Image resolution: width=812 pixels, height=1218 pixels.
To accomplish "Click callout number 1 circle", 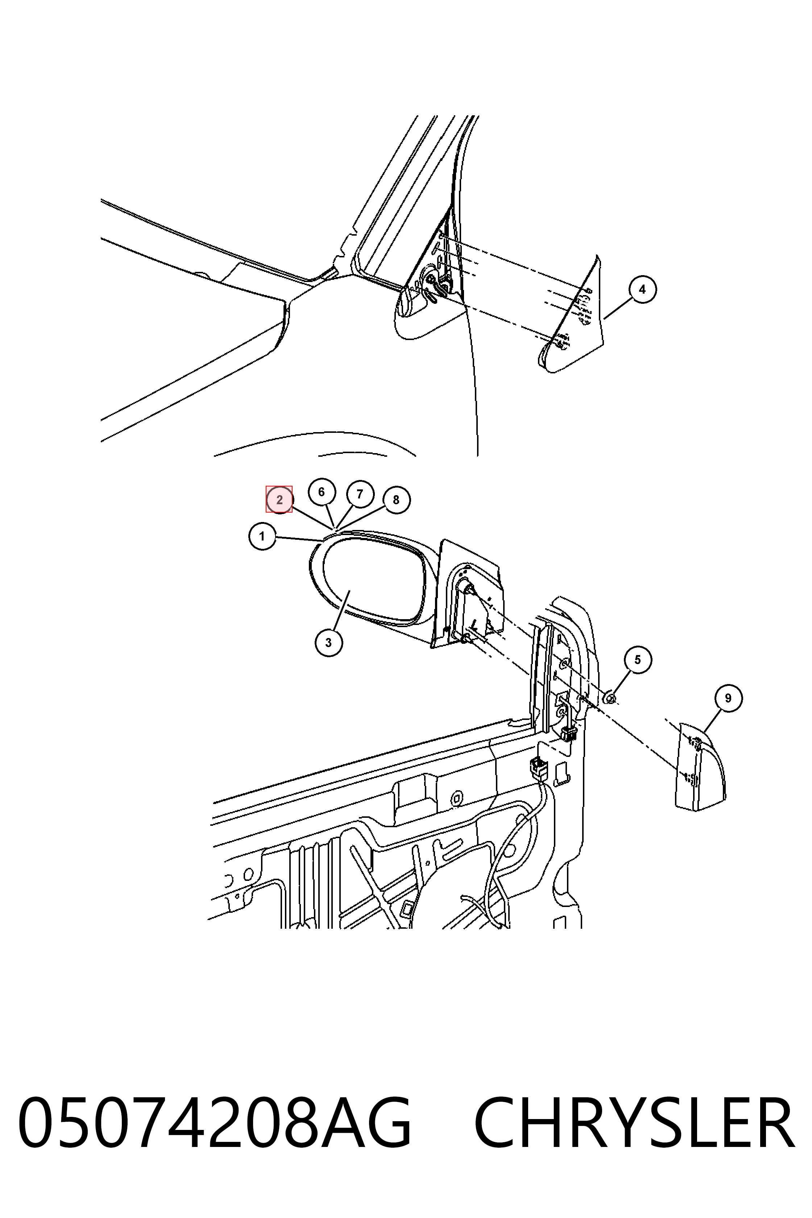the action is tap(262, 536).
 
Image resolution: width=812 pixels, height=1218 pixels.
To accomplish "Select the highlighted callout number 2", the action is tap(279, 500).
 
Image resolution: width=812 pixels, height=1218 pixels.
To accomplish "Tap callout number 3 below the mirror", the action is tap(329, 643).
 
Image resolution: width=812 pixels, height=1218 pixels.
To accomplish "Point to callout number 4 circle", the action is tap(643, 290).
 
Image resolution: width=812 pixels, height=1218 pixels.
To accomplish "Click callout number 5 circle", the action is tap(638, 660).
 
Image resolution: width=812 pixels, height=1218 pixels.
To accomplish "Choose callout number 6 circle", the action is tap(322, 492).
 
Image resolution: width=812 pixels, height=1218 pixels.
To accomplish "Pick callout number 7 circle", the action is tap(360, 494).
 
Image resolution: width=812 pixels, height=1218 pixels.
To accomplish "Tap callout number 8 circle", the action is tap(396, 500).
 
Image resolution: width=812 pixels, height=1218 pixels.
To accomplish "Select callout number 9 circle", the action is tap(728, 698).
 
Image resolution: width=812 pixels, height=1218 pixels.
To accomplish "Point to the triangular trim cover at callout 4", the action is tap(575, 321).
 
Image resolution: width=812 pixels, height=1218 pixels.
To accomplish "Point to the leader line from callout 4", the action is tap(618, 309).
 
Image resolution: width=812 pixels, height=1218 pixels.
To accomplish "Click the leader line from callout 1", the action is tap(299, 539).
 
